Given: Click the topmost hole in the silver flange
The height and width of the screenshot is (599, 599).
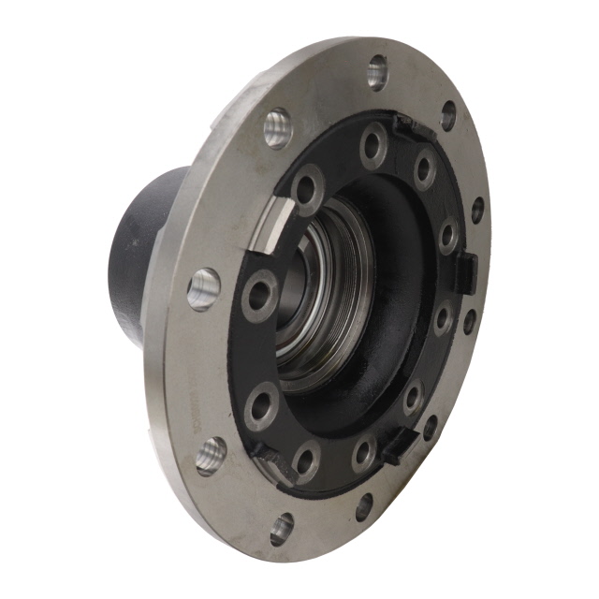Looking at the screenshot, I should tap(378, 70).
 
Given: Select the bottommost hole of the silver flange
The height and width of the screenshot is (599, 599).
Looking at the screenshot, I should tap(281, 530).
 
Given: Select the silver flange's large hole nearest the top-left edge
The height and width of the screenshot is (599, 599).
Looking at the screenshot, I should tap(278, 127).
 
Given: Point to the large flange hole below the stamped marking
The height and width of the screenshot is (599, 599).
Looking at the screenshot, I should tap(211, 456).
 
